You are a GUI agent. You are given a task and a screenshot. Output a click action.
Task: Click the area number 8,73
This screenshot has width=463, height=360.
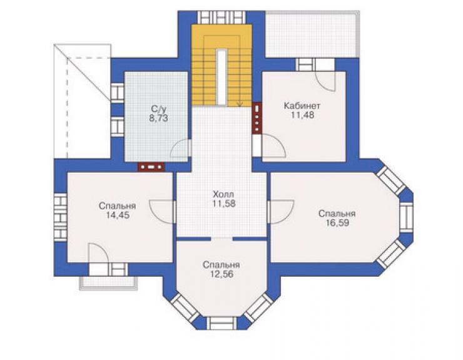pos(158,118)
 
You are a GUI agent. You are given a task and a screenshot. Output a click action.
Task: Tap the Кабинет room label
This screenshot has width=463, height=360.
pos(302,106)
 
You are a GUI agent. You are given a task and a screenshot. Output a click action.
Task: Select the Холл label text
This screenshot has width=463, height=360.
pos(223,195)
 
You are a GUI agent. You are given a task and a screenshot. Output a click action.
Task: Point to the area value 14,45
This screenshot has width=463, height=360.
pos(118,215)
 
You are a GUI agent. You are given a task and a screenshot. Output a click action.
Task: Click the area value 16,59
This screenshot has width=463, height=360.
pos(337,223)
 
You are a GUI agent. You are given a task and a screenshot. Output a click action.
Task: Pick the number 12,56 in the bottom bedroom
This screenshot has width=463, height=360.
pos(221,274)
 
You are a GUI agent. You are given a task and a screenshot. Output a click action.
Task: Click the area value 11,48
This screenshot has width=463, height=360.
pos(302,115)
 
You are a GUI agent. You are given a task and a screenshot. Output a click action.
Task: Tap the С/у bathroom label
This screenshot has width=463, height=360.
pos(158,109)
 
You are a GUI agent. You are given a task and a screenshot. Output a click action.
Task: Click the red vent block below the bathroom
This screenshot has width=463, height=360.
pos(151,167)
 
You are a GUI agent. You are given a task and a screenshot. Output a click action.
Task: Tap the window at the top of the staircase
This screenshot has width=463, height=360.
pos(221,18)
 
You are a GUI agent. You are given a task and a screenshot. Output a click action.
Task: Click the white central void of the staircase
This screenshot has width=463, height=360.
pos(221,77)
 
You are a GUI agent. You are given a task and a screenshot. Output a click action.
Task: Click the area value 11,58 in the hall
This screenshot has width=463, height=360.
pos(223,203)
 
